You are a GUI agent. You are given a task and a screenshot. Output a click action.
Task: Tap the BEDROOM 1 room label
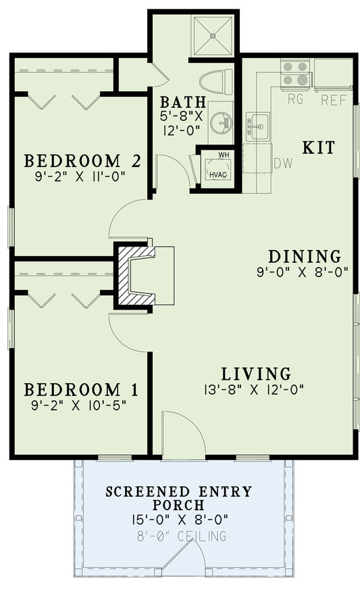[81, 390]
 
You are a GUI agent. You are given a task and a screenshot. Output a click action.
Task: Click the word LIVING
[257, 374]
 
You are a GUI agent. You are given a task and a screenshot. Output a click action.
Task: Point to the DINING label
[304, 257]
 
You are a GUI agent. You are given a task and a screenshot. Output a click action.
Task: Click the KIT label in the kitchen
[318, 148]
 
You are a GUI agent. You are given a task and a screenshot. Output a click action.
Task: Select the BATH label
[179, 103]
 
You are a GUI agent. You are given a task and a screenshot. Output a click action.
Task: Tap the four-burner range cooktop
[294, 74]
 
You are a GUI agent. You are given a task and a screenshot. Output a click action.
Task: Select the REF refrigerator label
[334, 101]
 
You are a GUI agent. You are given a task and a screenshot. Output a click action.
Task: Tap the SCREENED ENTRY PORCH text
[180, 498]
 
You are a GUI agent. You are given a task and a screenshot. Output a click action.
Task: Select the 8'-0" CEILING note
[180, 536]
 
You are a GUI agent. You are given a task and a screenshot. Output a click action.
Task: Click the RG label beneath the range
[295, 100]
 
